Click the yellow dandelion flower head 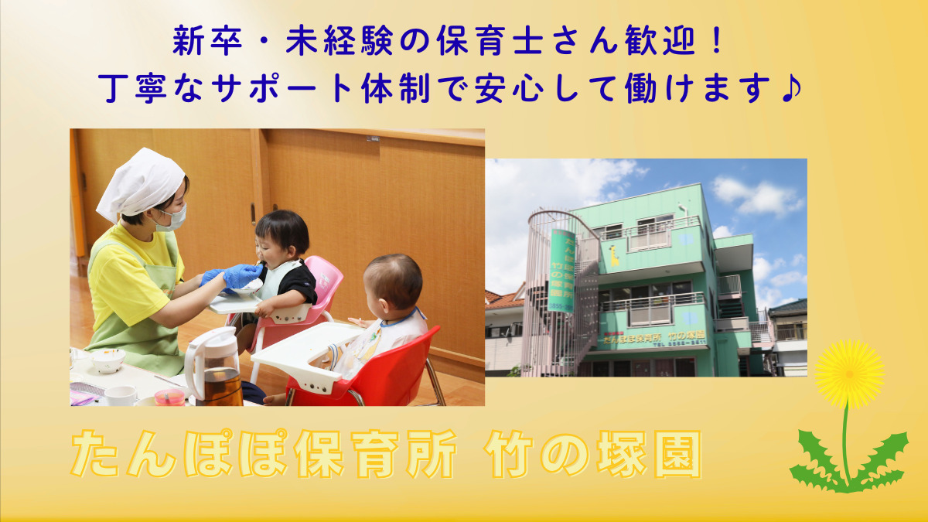[x=848, y=374]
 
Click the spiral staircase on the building [x=553, y=294]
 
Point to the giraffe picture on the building [x=613, y=256]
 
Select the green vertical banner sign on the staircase [x=561, y=271]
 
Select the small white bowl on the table [x=108, y=360]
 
